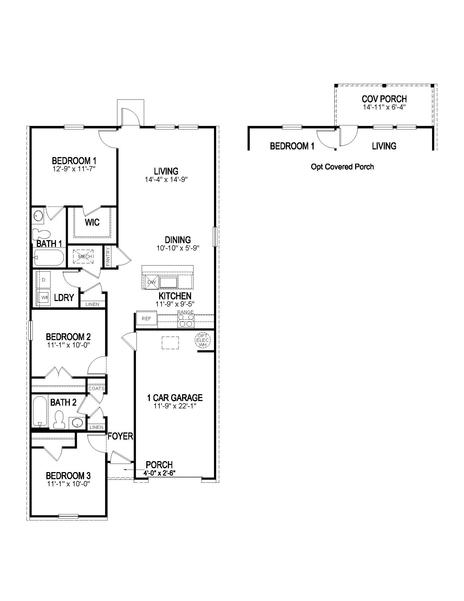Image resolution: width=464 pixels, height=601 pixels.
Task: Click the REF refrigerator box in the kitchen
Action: (x=147, y=319)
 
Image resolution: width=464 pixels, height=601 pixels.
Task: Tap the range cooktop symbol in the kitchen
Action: (x=186, y=321)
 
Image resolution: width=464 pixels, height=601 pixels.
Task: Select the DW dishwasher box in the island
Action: (x=151, y=282)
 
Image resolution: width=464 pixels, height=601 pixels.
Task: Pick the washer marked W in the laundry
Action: (x=43, y=297)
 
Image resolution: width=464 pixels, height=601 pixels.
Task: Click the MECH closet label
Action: (x=85, y=257)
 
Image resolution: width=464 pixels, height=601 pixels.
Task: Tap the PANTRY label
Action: (x=108, y=257)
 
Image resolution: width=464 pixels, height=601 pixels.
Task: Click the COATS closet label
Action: (x=96, y=388)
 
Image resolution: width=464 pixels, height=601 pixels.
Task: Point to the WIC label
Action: (x=92, y=222)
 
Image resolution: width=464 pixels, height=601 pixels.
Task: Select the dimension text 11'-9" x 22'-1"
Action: (x=175, y=406)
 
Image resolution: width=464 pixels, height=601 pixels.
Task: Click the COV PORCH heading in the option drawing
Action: (x=384, y=99)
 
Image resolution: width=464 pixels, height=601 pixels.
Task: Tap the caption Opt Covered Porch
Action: (x=342, y=167)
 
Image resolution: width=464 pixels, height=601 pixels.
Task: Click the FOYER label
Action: (x=120, y=436)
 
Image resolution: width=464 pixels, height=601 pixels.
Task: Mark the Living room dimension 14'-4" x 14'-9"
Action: (x=166, y=180)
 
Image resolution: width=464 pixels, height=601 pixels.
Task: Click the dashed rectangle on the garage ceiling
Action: (x=170, y=343)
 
